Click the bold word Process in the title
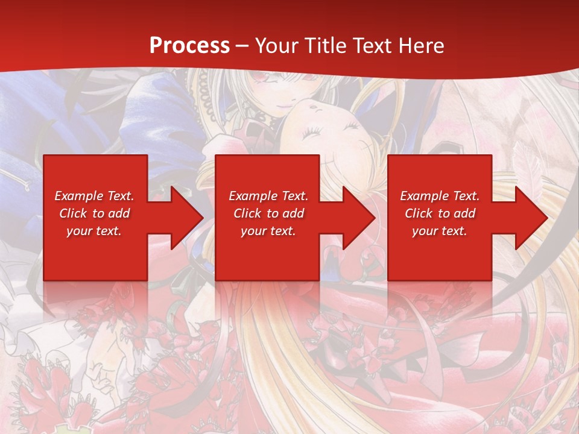pos(189,45)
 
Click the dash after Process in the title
pos(242,46)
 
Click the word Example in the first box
pos(78,196)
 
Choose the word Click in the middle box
pos(246,213)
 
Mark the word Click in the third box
pos(418,213)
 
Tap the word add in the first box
pos(119,213)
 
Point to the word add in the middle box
pos(293,213)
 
